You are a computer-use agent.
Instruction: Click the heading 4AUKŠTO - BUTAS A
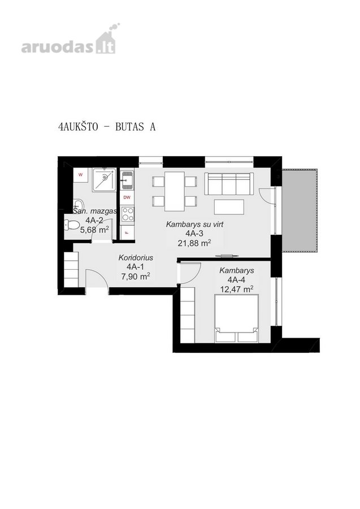coord(107,127)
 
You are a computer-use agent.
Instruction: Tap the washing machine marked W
coord(80,175)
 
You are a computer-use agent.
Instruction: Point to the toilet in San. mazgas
coord(72,225)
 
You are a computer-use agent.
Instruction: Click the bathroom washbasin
coord(78,205)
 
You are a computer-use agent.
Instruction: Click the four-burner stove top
coord(127,214)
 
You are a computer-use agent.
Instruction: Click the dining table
coord(175,191)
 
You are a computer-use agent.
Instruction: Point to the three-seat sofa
coord(229,184)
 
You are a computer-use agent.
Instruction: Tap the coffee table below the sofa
coord(229,207)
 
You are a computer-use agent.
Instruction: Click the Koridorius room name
coord(136,258)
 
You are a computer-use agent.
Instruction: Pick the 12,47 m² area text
coord(237,289)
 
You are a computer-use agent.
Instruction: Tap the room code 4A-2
coord(94,221)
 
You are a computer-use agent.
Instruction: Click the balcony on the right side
coord(299,210)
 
